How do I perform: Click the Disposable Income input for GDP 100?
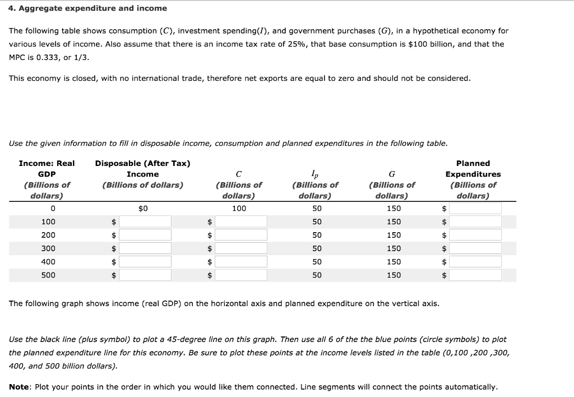point(145,222)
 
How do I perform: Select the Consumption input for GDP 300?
point(241,248)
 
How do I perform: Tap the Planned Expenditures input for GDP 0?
point(475,209)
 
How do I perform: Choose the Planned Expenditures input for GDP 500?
point(475,275)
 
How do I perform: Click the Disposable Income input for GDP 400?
point(145,262)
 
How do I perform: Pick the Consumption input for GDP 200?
point(241,236)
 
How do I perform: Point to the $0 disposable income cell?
point(142,209)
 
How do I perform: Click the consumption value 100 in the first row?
point(239,209)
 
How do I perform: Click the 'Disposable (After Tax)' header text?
point(142,164)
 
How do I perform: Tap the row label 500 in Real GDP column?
point(48,275)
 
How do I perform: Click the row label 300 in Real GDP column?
point(48,248)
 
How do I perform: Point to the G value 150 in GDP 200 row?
point(394,236)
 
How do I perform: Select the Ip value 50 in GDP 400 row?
point(317,262)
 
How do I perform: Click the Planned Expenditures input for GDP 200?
point(475,236)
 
